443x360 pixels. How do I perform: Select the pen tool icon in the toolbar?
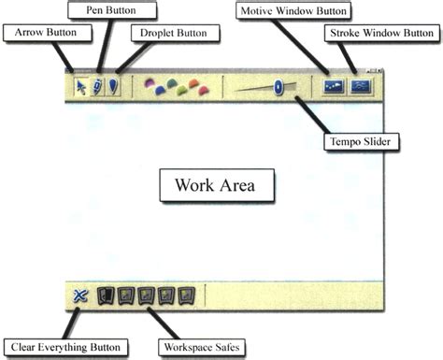(97, 86)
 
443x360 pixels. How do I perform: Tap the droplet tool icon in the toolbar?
(112, 86)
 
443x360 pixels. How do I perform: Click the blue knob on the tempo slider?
(278, 87)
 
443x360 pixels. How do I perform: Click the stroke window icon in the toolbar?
(362, 85)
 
